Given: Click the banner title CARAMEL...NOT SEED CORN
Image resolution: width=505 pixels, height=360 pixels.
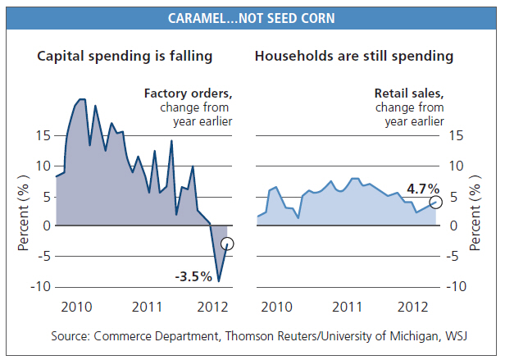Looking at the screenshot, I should coord(252,17).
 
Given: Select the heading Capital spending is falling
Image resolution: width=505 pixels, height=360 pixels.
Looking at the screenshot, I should coord(125,57).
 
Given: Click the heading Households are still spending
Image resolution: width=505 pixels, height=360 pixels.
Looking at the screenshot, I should coord(354,57).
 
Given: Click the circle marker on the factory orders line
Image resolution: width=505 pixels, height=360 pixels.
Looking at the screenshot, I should coord(227,244).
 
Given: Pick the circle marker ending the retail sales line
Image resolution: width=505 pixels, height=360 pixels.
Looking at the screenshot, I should coord(436,202).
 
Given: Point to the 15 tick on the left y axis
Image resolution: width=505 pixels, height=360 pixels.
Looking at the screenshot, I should coord(42,136).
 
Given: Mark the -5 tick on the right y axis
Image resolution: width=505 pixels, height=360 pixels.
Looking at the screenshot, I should coord(454,256).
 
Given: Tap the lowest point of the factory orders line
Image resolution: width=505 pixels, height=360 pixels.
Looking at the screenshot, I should coord(218,281).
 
